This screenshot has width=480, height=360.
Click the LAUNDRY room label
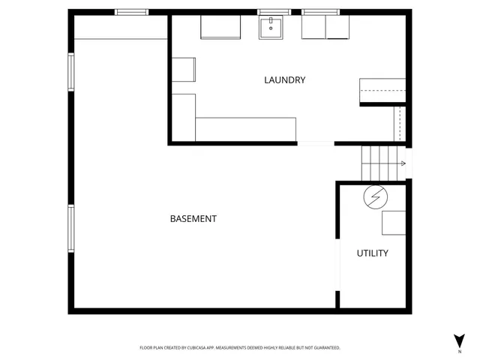point(284,80)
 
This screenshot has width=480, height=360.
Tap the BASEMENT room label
point(193,219)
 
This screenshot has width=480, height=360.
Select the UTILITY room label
point(372,253)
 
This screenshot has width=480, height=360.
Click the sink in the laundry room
point(270,28)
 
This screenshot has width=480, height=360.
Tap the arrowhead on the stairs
point(403,163)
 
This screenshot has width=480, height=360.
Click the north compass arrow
point(459,339)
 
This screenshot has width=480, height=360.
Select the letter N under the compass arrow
point(459,351)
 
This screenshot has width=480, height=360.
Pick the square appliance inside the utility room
point(394,223)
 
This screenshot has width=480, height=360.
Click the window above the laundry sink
point(274,12)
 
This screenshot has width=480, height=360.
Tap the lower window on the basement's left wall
point(71,229)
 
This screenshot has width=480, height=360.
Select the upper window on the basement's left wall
point(71,72)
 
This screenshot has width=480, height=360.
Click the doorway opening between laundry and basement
point(315,143)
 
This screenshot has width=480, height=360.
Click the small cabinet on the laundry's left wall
point(183,69)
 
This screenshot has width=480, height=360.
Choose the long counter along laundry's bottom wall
point(245,128)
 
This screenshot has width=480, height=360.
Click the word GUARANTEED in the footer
point(323,348)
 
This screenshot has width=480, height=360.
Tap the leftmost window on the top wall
point(131,12)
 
